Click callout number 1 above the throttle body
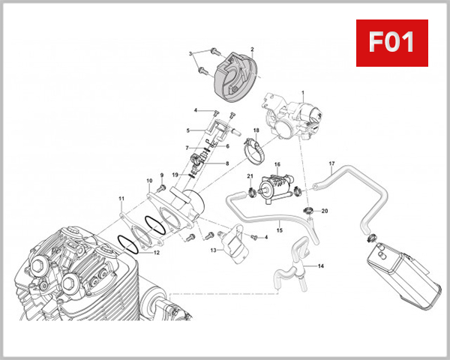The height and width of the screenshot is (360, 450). pyautogui.click(x=303, y=93)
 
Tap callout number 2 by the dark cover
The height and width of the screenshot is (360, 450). pyautogui.click(x=252, y=49)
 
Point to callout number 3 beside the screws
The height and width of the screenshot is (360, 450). pyautogui.click(x=190, y=53)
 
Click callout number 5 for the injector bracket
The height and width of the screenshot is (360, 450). pyautogui.click(x=188, y=131)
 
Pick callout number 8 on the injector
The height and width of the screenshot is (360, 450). pyautogui.click(x=227, y=163)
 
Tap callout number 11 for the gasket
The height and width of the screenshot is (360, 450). pyautogui.click(x=121, y=199)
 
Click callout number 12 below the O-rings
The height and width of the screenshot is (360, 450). pyautogui.click(x=157, y=253)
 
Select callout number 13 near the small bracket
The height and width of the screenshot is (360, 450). pyautogui.click(x=213, y=250)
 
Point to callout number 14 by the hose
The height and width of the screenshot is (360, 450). pyautogui.click(x=320, y=266)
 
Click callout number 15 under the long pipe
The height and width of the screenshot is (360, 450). pyautogui.click(x=280, y=231)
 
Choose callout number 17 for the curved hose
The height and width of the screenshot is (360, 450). pyautogui.click(x=331, y=163)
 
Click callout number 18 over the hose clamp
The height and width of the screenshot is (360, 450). pyautogui.click(x=256, y=130)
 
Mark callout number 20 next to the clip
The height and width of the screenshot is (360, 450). pyautogui.click(x=325, y=211)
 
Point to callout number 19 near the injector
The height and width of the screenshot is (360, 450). pyautogui.click(x=173, y=175)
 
